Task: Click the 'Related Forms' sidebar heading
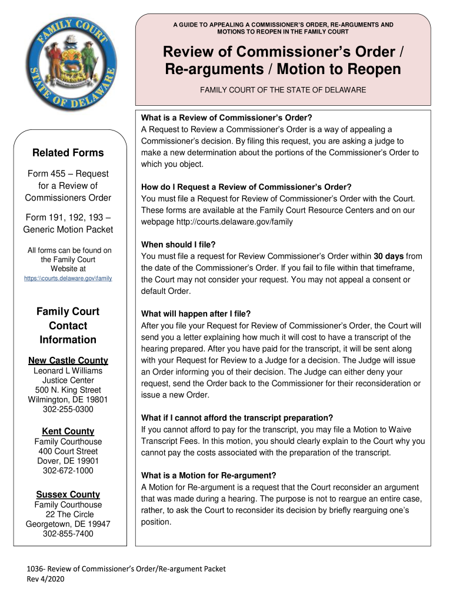click(68, 153)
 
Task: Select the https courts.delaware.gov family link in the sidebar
click(68, 278)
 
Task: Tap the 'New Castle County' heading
click(68, 360)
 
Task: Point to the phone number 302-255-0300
click(68, 409)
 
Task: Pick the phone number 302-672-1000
click(68, 471)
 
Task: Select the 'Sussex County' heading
click(68, 494)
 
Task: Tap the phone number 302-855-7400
click(68, 534)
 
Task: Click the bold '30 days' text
click(389, 256)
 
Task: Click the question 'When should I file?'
click(179, 244)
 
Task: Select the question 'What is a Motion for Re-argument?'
click(209, 475)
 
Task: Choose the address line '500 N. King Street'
click(68, 390)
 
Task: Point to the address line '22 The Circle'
click(68, 514)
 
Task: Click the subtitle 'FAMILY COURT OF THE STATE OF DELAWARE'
click(283, 90)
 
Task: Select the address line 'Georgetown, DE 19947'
click(68, 524)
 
